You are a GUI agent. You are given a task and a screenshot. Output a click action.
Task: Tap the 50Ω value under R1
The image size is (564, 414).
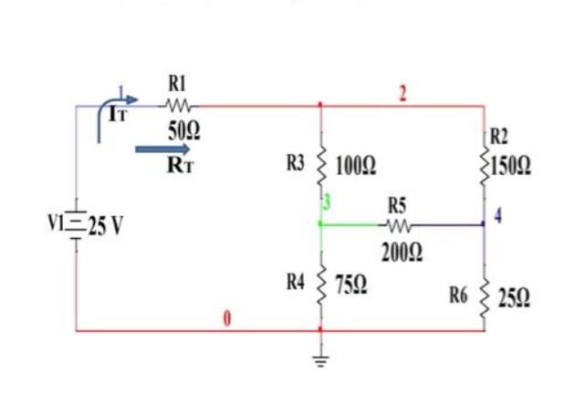tap(179, 130)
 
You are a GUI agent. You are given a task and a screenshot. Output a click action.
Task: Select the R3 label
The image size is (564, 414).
tap(296, 164)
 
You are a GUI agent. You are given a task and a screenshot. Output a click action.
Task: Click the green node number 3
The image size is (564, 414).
tap(327, 200)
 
